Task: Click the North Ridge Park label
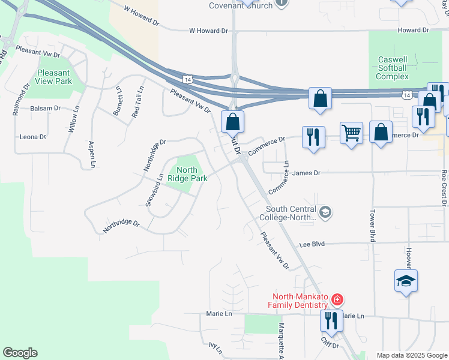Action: coord(187,175)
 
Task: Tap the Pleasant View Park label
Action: coord(53,76)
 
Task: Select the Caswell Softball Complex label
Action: coord(393,68)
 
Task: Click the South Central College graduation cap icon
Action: coord(325,211)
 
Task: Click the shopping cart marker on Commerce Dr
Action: coord(351,133)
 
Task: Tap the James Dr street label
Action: coord(306,173)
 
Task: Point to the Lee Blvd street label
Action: coord(312,244)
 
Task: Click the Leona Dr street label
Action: coord(33,137)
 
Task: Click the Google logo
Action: coord(20,353)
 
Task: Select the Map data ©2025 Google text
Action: coord(411,355)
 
